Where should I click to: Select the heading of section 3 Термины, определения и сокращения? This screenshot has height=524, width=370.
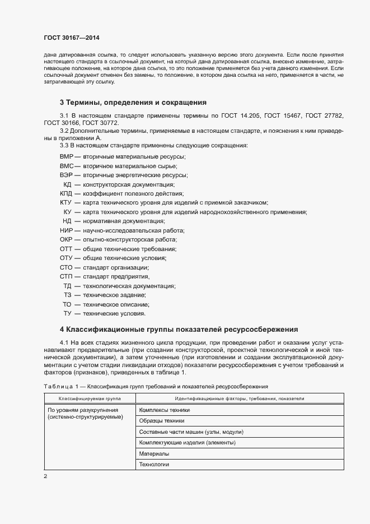(133, 103)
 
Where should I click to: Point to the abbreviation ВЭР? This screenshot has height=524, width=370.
(66, 175)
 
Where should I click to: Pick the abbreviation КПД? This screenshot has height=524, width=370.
(67, 193)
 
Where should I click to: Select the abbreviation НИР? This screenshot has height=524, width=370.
(67, 230)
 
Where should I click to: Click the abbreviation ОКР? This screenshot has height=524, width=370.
(67, 239)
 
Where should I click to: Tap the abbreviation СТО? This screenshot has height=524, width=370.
(67, 267)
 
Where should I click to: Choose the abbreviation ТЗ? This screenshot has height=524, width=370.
(68, 295)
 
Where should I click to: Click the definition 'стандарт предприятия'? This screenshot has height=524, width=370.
(116, 276)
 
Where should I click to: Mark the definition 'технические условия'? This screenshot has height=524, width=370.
(114, 313)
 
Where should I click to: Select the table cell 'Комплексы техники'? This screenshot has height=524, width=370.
(165, 410)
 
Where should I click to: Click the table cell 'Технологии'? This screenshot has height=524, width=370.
(154, 464)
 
